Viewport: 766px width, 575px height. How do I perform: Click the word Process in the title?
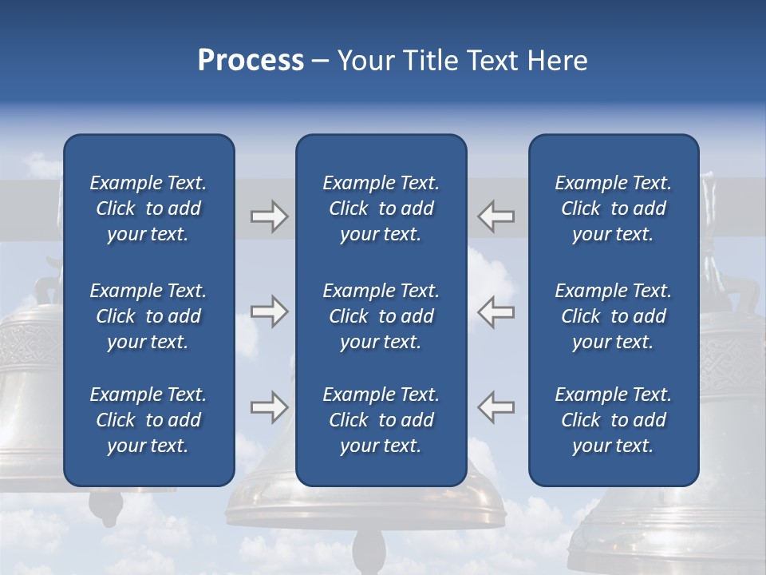click(x=251, y=61)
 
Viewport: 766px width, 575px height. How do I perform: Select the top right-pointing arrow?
click(x=269, y=216)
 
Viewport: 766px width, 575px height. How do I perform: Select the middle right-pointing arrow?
click(x=269, y=311)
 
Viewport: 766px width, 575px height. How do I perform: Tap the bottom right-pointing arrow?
click(x=269, y=406)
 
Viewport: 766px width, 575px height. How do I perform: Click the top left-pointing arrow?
click(x=496, y=216)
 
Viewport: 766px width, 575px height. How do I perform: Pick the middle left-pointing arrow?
click(x=496, y=311)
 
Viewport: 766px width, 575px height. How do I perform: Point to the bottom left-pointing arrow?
click(x=496, y=406)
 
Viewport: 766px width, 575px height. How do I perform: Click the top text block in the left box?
click(x=148, y=208)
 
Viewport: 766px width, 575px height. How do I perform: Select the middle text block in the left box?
click(x=148, y=316)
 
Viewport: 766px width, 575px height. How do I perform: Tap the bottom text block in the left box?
click(x=148, y=420)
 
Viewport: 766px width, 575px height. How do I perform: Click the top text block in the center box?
click(x=381, y=208)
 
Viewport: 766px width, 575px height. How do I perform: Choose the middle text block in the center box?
click(x=381, y=316)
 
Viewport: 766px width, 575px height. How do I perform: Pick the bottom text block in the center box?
click(x=381, y=420)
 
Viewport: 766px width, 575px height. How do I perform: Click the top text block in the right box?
click(x=613, y=208)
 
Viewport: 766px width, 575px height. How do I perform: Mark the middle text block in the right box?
click(x=613, y=316)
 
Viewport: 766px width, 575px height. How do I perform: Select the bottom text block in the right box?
click(x=613, y=420)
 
